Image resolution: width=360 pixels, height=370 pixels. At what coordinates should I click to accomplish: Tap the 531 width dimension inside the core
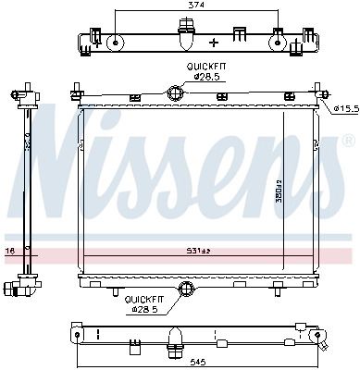[x=191, y=251]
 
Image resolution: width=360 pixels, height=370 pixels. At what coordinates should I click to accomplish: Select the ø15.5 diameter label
[x=344, y=110]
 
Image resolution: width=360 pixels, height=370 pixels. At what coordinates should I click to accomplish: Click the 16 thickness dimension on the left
[x=8, y=251]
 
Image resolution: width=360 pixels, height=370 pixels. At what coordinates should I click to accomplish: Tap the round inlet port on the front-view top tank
[x=175, y=92]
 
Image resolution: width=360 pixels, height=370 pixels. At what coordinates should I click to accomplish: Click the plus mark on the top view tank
[x=214, y=42]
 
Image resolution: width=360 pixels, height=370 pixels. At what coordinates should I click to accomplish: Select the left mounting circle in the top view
[x=114, y=41]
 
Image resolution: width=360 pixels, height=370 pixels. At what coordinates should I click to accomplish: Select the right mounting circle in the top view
[x=278, y=41]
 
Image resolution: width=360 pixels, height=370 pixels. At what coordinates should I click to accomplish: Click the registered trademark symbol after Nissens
[x=349, y=142]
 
